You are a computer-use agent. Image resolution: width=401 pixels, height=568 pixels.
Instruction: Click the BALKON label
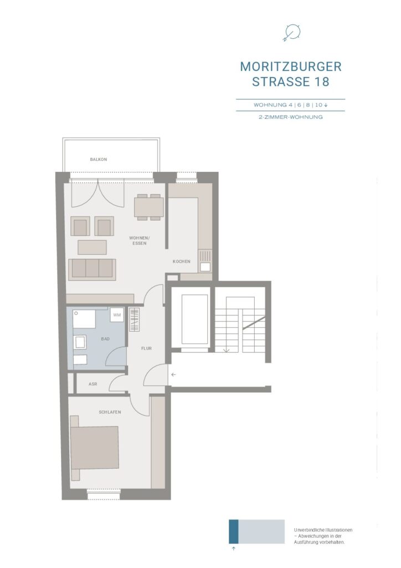(99, 159)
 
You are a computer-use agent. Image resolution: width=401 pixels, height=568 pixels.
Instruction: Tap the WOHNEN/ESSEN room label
(139, 241)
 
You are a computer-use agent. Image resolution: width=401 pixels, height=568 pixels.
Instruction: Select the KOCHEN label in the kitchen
(181, 261)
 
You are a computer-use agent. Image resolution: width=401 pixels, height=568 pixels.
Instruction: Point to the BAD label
(105, 339)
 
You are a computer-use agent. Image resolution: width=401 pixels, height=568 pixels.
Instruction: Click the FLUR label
(146, 348)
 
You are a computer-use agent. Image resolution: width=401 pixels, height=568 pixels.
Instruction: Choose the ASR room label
(93, 384)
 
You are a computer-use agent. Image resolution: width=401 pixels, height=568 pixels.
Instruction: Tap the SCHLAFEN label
(110, 412)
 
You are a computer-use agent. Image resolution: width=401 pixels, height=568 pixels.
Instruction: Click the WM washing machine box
(117, 315)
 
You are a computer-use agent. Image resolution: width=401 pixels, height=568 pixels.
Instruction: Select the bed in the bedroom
(95, 448)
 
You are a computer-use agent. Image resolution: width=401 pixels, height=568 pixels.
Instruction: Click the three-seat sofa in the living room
(92, 269)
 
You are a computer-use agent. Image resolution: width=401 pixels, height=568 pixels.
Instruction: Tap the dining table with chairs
(148, 207)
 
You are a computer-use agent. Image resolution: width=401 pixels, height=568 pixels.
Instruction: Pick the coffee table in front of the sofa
(92, 247)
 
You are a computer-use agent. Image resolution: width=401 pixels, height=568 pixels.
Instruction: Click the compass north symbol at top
(291, 33)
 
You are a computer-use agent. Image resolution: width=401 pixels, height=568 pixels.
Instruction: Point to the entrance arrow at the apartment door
(173, 374)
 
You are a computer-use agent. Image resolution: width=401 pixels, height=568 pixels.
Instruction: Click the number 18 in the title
(322, 82)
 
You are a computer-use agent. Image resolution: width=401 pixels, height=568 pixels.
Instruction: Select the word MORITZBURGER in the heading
(291, 67)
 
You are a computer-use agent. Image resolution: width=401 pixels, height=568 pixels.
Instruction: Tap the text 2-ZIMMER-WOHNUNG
(291, 117)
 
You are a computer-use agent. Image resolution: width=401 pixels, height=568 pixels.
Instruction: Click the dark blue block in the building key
(234, 531)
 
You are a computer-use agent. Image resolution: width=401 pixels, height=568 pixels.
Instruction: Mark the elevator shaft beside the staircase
(191, 319)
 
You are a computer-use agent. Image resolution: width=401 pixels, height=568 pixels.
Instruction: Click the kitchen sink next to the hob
(205, 267)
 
